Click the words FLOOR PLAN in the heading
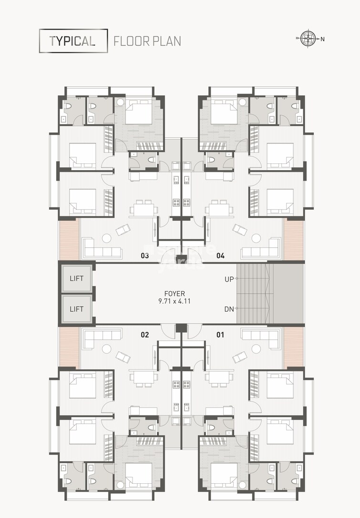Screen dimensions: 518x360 coord(147,41)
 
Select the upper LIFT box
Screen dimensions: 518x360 coord(76,277)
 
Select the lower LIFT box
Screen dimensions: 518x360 coord(76,309)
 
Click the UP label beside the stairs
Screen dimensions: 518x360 coord(229,279)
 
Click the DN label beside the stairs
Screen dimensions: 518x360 coord(229,309)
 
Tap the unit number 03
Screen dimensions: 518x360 coord(144,256)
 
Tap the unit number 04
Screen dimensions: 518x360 coord(220,256)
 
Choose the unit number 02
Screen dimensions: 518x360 coord(144,335)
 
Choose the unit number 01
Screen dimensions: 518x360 coord(220,335)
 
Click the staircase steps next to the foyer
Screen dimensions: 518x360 coord(255,293)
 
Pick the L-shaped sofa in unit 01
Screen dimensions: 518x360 coord(261,337)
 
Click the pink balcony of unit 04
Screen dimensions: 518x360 coord(293,239)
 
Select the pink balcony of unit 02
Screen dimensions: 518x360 coord(69,347)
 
